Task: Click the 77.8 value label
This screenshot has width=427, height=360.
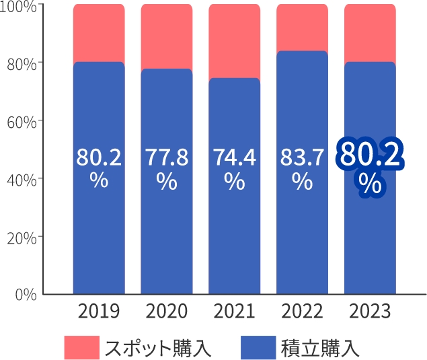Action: point(167,157)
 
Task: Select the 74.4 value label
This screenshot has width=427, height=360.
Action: point(235,157)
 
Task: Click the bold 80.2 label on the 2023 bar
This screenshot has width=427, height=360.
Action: point(371,155)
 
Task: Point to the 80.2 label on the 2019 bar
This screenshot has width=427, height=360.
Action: point(99,157)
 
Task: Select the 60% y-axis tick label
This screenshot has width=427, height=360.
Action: point(22,121)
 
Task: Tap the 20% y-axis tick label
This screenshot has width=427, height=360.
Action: point(22,237)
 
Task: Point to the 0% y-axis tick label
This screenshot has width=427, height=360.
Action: point(25,295)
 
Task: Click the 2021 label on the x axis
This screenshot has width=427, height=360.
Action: point(235,312)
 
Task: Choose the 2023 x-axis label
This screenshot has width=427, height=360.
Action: point(370,312)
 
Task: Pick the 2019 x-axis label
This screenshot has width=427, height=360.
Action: point(99,312)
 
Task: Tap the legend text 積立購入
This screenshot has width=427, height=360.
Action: point(321,348)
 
